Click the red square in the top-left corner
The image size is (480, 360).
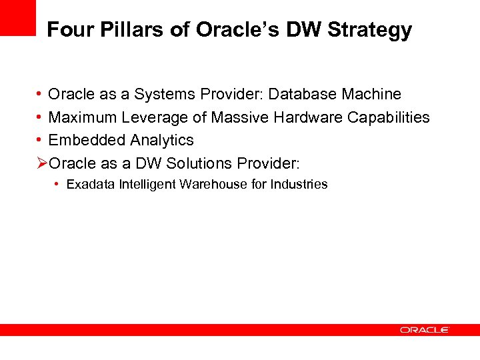pyautogui.click(x=17, y=17)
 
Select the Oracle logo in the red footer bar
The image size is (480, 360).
pyautogui.click(x=425, y=329)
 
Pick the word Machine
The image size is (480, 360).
pyautogui.click(x=369, y=95)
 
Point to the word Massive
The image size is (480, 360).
pyautogui.click(x=237, y=118)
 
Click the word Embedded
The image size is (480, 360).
pyautogui.click(x=87, y=141)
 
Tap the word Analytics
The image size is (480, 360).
pyautogui.click(x=162, y=141)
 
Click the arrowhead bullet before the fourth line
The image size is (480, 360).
pyautogui.click(x=42, y=163)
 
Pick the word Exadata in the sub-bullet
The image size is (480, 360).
pyautogui.click(x=91, y=185)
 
